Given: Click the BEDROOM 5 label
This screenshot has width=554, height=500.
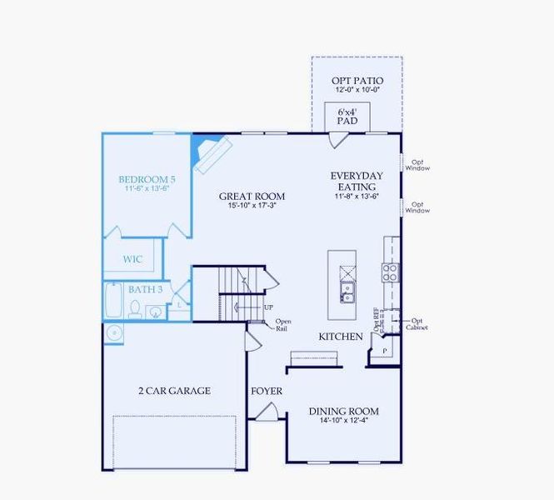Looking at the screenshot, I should (147, 179).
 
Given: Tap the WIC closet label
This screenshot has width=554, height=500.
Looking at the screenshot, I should (132, 259).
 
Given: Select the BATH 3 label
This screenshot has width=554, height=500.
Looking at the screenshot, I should (145, 289).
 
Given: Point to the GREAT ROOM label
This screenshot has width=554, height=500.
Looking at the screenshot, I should (252, 197).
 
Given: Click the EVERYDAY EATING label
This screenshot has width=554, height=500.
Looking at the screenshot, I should (357, 182).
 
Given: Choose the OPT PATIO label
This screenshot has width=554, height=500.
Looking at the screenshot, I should (357, 80).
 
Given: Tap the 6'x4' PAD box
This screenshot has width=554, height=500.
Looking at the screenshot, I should (347, 116).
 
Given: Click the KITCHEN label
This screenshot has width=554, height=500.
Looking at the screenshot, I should (341, 337).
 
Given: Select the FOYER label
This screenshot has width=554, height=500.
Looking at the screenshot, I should (267, 391).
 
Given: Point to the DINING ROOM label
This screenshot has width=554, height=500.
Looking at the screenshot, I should (343, 411).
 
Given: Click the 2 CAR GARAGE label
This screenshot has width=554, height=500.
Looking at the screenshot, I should (174, 390).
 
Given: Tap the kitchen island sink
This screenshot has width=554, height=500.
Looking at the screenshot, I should (347, 292).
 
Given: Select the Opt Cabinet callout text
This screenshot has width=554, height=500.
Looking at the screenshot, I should (417, 324).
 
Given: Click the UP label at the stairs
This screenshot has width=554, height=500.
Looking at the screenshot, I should (268, 307).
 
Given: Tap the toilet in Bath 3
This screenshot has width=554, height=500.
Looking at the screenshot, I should (135, 310).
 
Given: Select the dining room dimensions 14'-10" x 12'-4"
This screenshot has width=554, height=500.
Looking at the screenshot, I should (343, 422).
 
